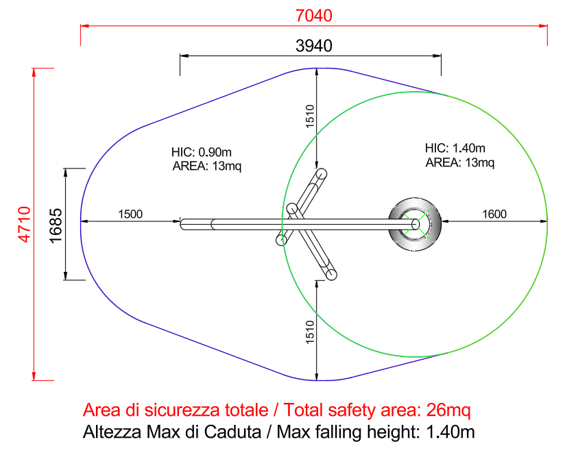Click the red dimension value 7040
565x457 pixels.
point(314,16)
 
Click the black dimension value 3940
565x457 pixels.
point(314,46)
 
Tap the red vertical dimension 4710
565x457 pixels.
point(25,224)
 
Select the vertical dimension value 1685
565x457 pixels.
point(56,225)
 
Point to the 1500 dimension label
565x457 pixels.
point(130,214)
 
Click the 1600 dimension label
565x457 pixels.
point(494,214)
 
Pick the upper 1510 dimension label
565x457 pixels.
point(310,116)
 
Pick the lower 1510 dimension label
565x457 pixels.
point(310,332)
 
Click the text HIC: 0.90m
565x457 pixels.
point(202,152)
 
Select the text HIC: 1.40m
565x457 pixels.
point(455,148)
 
